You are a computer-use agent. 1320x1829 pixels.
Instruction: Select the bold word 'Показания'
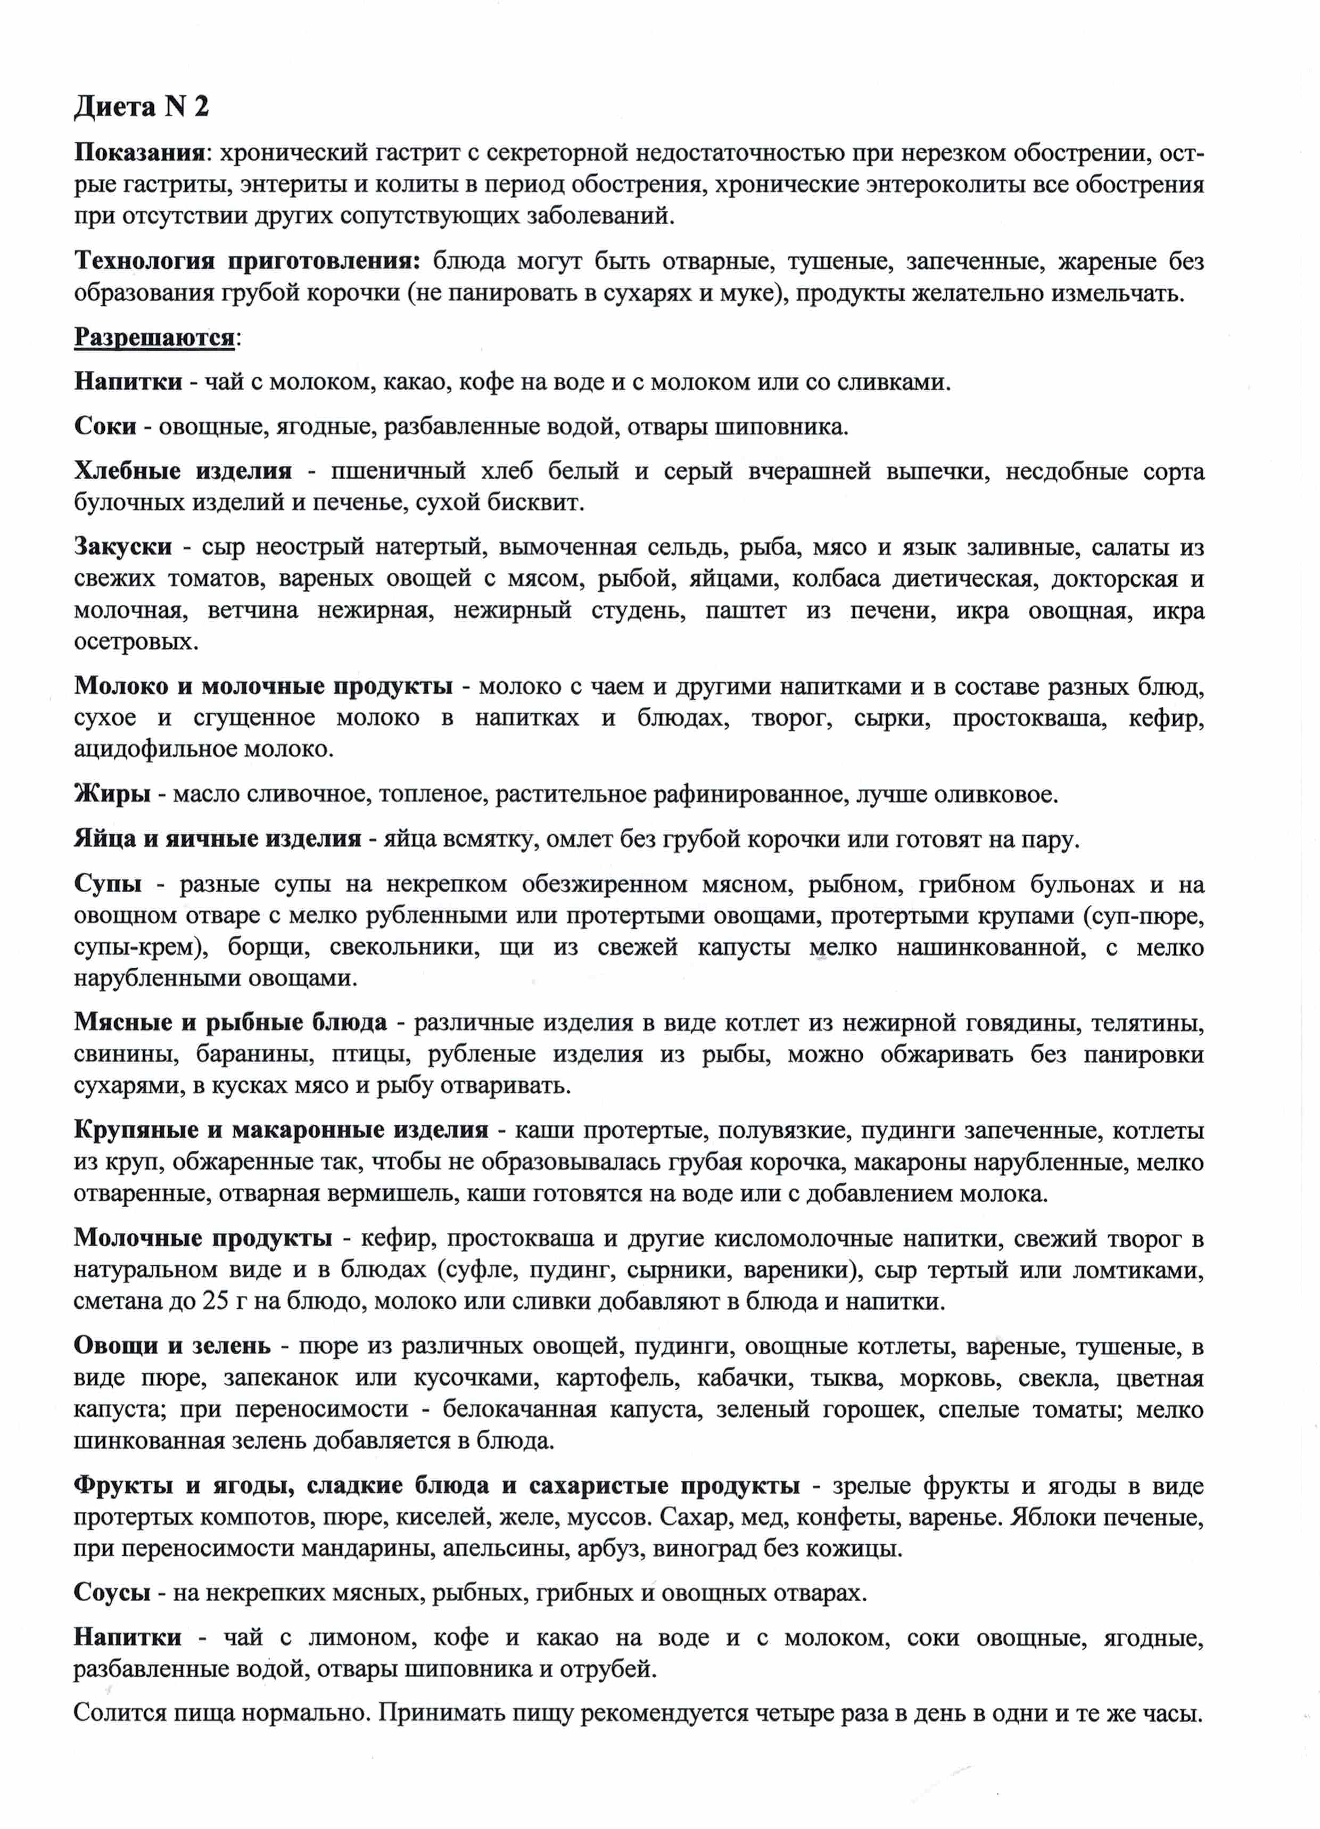137,152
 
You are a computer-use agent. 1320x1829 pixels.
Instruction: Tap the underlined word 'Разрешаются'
154,337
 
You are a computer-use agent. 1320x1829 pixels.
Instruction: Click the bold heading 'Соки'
105,426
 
